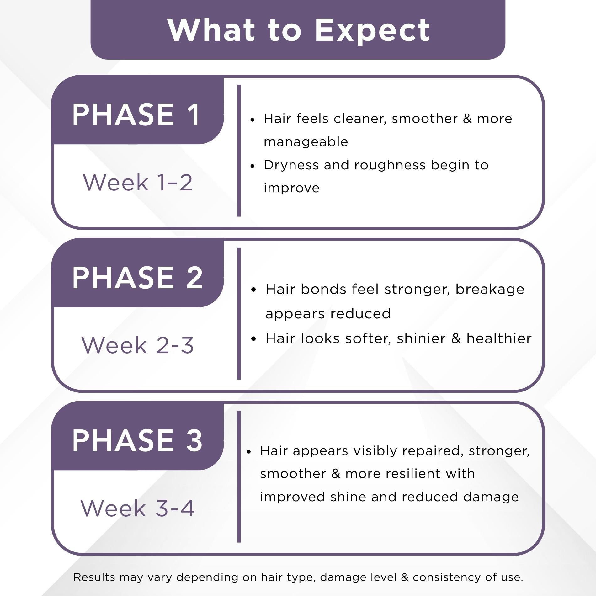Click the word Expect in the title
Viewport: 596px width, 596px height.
point(372,30)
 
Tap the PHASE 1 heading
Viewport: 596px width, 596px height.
point(136,115)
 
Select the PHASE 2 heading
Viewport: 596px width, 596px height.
point(137,278)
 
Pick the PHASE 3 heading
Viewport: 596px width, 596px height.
point(137,440)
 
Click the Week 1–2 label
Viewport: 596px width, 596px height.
point(137,183)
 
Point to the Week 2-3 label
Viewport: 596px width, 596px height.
point(137,345)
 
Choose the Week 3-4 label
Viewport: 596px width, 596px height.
point(137,508)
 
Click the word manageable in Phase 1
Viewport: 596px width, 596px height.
point(306,142)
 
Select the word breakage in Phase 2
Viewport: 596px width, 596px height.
point(490,289)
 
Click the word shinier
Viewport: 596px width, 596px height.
point(421,338)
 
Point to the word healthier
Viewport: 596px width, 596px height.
point(499,338)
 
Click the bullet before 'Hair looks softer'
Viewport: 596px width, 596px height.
point(254,339)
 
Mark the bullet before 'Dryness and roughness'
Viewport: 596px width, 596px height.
point(252,166)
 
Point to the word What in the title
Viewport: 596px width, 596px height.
point(211,30)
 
